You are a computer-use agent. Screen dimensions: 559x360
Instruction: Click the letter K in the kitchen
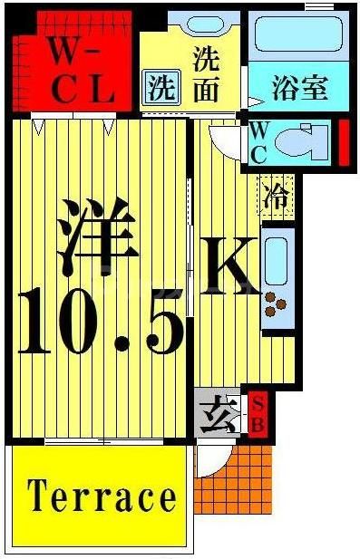pyautogui.click(x=229, y=266)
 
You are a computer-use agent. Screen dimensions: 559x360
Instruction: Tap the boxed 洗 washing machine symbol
pyautogui.click(x=159, y=88)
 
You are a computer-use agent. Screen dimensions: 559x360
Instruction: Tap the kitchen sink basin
pyautogui.click(x=277, y=257)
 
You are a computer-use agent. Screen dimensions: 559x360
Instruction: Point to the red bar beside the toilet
pyautogui.click(x=344, y=142)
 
